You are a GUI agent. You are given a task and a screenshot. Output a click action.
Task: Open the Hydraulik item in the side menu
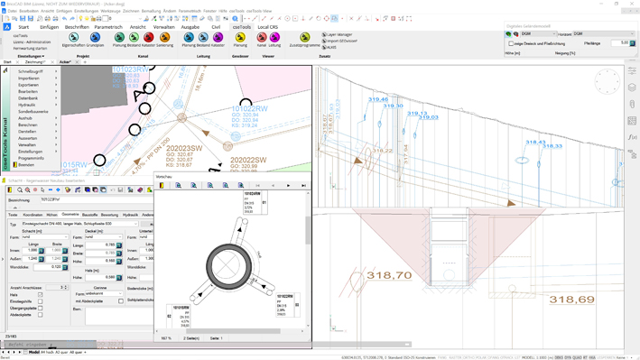[28, 105]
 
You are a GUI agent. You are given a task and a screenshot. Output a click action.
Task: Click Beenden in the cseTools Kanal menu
[26, 165]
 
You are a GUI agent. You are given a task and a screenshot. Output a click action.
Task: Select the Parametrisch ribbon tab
[108, 27]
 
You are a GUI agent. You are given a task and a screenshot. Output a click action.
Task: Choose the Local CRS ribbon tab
[268, 27]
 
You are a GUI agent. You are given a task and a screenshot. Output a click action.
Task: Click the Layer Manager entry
[341, 34]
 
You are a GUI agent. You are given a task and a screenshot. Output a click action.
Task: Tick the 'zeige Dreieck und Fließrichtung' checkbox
[511, 43]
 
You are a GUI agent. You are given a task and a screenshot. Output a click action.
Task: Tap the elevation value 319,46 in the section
[377, 99]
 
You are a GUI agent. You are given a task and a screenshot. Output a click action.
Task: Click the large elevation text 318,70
[389, 275]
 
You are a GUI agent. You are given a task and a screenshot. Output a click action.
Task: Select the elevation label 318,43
[535, 142]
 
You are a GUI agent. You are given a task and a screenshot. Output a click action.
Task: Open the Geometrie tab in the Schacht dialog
[70, 215]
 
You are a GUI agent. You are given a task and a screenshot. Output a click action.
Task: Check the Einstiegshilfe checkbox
[41, 301]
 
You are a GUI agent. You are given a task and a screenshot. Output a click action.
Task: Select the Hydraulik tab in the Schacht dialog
[131, 215]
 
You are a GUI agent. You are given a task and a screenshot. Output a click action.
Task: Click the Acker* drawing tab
[65, 62]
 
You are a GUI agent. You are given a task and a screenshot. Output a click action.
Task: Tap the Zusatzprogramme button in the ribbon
[305, 43]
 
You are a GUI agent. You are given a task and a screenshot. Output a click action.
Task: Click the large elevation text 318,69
[571, 300]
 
